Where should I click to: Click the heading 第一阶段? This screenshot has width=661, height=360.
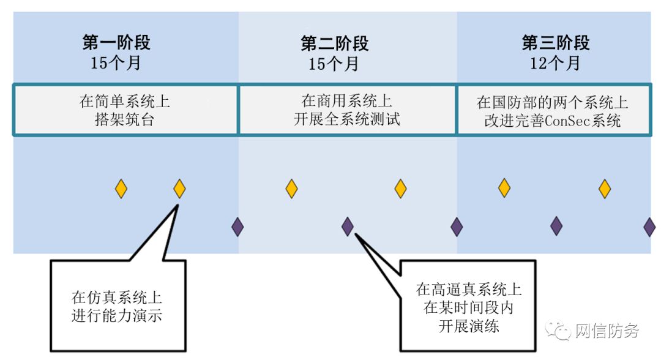click(x=116, y=42)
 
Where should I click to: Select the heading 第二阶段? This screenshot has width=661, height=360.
click(x=334, y=43)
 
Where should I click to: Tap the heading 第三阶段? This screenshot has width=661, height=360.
click(x=555, y=43)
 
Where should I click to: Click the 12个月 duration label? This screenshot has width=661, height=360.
click(x=555, y=62)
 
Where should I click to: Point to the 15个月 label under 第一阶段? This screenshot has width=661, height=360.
click(x=116, y=62)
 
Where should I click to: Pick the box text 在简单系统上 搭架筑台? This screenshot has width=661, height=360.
click(x=124, y=110)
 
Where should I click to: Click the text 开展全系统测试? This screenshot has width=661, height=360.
click(x=346, y=119)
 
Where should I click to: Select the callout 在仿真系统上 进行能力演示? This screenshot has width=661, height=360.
click(x=117, y=307)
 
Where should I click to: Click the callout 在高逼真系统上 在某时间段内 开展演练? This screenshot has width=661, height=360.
click(x=468, y=307)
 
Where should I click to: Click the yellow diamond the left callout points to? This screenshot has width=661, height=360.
click(x=179, y=189)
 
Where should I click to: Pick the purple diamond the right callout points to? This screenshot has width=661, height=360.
click(x=348, y=227)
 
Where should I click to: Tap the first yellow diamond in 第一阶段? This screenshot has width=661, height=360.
click(x=121, y=189)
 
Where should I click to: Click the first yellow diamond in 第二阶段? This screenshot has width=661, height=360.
click(x=291, y=189)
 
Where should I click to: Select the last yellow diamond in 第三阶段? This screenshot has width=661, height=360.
click(x=605, y=189)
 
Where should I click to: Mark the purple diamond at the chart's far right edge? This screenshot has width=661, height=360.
click(x=649, y=227)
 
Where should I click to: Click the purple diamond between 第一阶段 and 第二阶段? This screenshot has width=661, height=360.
click(x=237, y=227)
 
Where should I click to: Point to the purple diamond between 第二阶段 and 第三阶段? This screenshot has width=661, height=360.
click(x=457, y=227)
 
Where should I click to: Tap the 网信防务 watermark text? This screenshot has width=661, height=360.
click(x=607, y=331)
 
